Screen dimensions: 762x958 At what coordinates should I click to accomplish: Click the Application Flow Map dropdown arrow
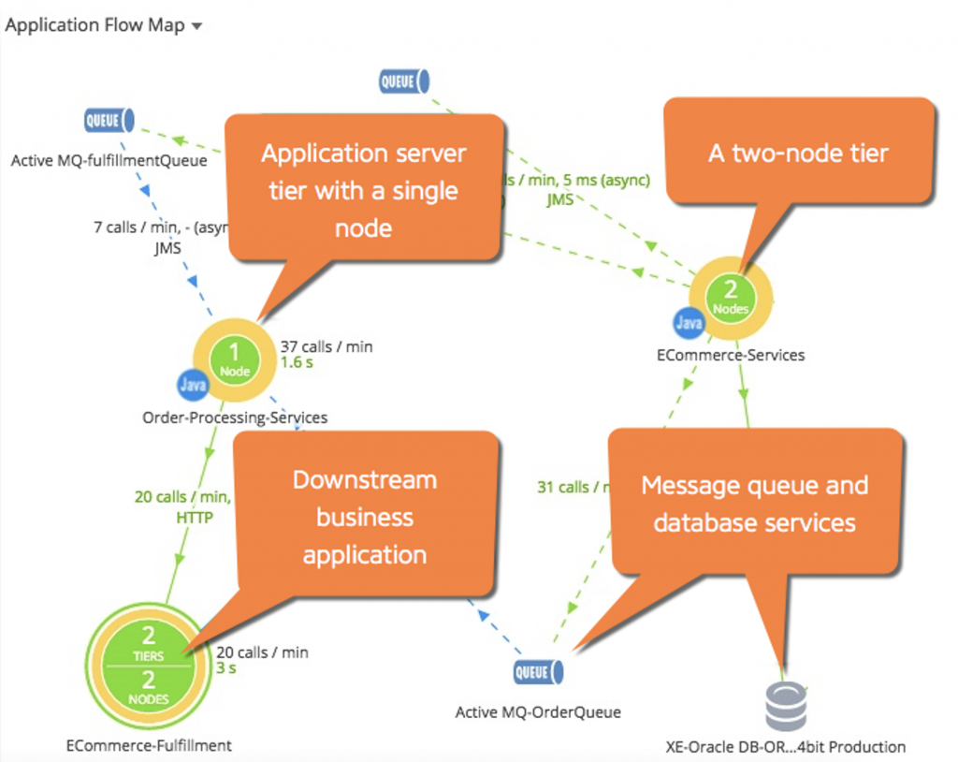click(x=196, y=27)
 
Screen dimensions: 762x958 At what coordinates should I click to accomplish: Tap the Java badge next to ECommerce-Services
click(x=688, y=324)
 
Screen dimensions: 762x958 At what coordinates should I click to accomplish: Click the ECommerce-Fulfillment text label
click(x=149, y=746)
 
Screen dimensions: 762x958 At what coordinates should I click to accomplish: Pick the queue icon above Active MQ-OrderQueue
click(x=538, y=672)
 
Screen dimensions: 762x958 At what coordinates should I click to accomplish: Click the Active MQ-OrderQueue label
click(x=538, y=713)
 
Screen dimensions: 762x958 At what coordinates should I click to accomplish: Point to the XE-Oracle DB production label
click(x=785, y=747)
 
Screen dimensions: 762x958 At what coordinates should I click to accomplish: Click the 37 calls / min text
click(x=326, y=347)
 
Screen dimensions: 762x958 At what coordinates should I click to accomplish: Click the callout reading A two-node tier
click(x=798, y=153)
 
